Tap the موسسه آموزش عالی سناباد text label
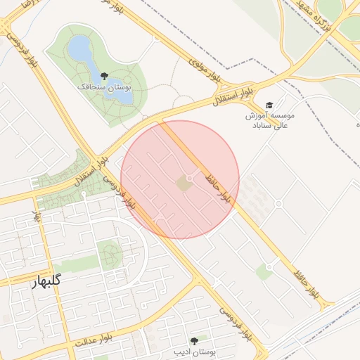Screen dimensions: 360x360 [270, 119]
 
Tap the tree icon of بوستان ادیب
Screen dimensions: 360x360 [194, 340]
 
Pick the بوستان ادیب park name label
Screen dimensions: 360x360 [194, 350]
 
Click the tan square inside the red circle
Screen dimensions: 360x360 [183, 184]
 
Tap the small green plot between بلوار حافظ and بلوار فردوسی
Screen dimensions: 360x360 [264, 271]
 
